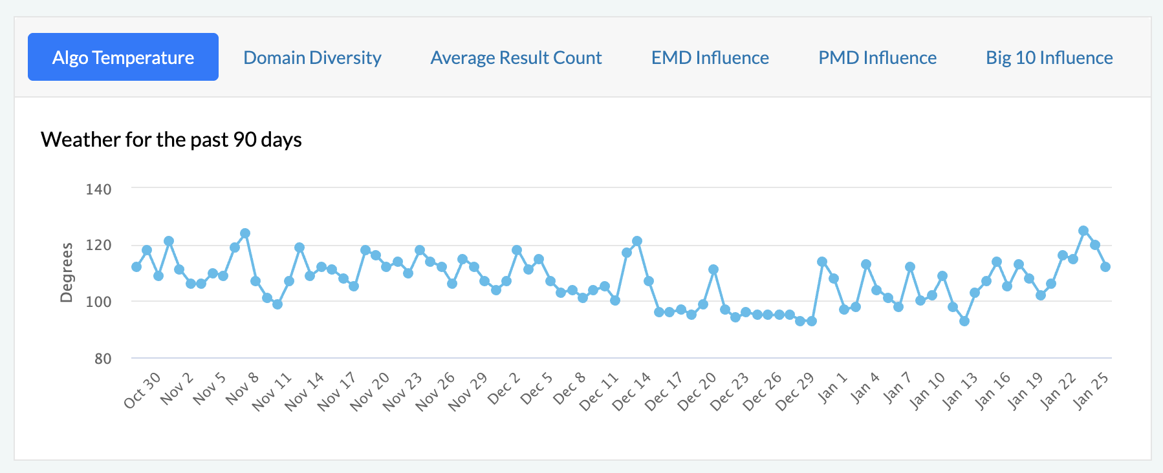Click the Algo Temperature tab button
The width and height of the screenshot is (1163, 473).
click(x=123, y=58)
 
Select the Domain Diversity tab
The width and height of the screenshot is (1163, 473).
click(x=312, y=58)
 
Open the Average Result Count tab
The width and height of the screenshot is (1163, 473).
click(x=516, y=58)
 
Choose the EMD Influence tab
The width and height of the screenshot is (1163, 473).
click(x=710, y=58)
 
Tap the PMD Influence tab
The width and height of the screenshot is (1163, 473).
click(x=878, y=58)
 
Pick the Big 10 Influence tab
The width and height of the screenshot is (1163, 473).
click(x=1049, y=58)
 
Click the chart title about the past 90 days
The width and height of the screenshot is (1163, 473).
click(x=171, y=140)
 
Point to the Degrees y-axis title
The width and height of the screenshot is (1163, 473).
click(x=67, y=273)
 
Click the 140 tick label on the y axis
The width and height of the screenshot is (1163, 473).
click(x=98, y=189)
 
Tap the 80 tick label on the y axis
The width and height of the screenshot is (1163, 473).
click(x=103, y=359)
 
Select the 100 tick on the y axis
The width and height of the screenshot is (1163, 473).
click(x=98, y=302)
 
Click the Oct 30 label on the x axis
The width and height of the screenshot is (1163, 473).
click(x=142, y=390)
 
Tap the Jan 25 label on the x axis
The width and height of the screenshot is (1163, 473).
click(x=1091, y=390)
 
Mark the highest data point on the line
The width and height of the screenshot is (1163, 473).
click(x=1083, y=231)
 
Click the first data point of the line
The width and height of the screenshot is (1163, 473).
click(x=136, y=267)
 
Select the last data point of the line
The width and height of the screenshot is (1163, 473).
click(x=1105, y=267)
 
